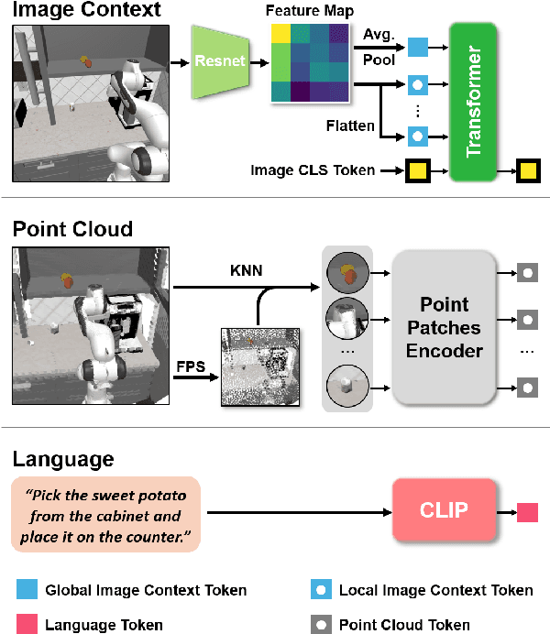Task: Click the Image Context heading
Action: pos(86,11)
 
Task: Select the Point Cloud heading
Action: pos(72,228)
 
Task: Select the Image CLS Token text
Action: pos(312,169)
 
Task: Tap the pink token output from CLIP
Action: pos(528,512)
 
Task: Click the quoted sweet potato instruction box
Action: pos(105,513)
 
